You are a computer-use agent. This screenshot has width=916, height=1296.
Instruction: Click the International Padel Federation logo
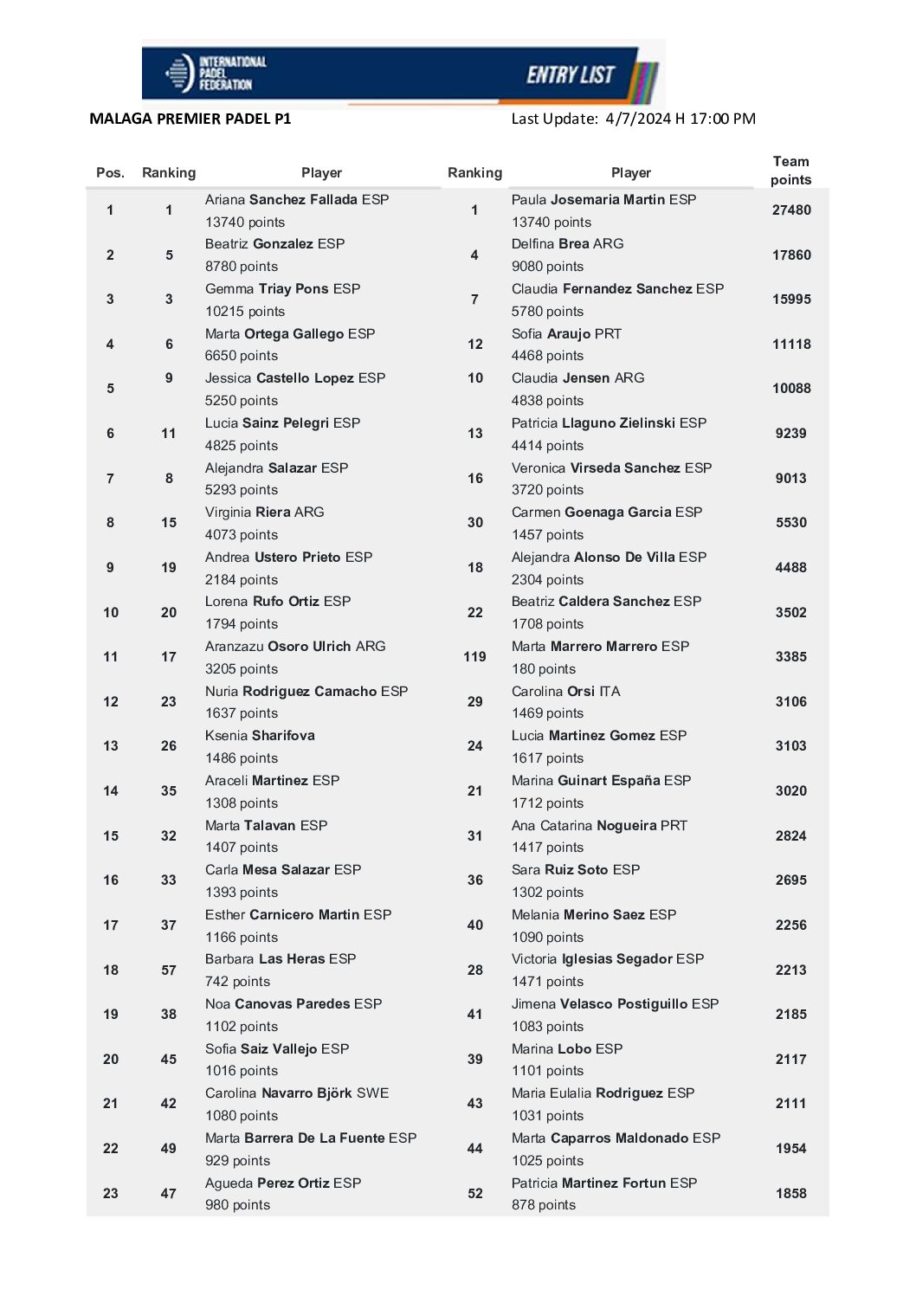(216, 74)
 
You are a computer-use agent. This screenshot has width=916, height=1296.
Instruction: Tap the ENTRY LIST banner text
(571, 75)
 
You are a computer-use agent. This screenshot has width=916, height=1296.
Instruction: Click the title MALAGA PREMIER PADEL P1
(190, 119)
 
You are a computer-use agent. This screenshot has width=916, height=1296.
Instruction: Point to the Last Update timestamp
(633, 119)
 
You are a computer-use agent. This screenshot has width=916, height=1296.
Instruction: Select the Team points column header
(790, 171)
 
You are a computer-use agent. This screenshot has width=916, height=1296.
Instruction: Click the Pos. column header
(110, 172)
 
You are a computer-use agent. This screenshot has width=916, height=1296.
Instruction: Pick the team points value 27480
(791, 210)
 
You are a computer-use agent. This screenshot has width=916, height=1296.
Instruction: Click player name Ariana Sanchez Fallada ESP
(297, 199)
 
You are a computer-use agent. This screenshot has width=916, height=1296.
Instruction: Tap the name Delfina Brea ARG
(567, 243)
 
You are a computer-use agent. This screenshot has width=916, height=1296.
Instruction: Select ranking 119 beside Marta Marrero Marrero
(474, 656)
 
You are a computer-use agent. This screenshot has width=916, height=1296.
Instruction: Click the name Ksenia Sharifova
(260, 735)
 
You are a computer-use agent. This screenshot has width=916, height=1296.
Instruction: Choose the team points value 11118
(791, 344)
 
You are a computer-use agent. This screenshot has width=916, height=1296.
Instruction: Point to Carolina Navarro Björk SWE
(297, 1093)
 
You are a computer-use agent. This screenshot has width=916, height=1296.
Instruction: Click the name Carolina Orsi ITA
(565, 691)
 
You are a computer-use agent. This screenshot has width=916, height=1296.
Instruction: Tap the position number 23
(111, 1193)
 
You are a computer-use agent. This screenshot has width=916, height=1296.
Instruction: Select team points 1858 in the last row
(791, 1193)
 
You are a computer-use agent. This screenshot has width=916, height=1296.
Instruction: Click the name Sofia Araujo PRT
(566, 333)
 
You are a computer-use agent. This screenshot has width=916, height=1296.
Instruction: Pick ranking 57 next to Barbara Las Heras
(169, 970)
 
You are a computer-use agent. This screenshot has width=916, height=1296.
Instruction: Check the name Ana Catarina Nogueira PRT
(599, 825)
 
